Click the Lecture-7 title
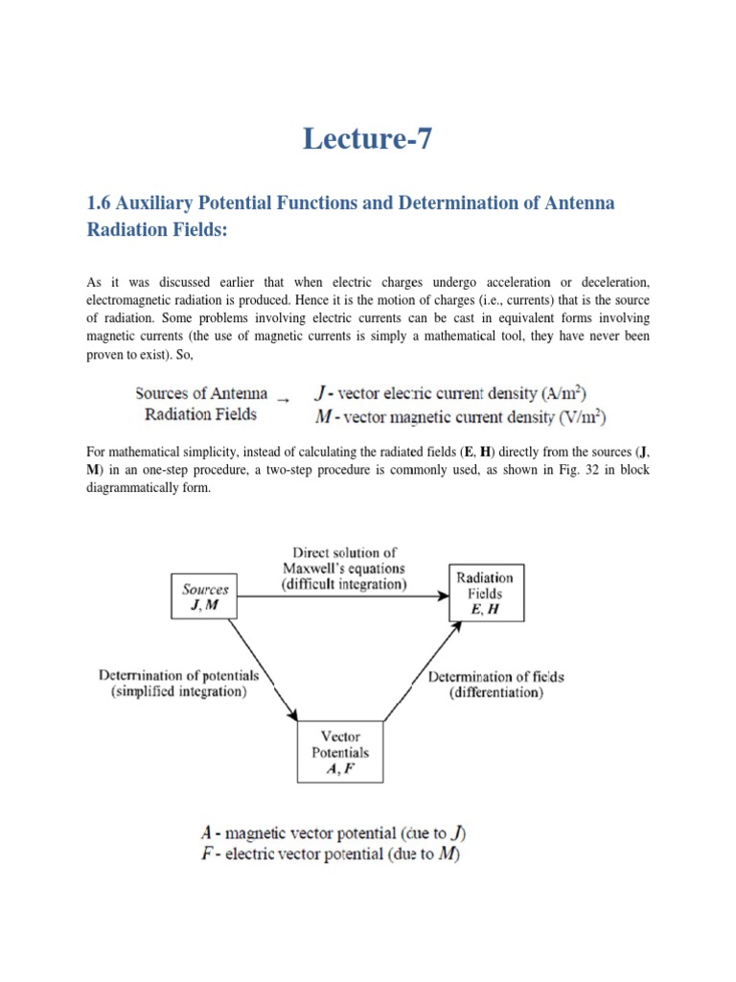(368, 140)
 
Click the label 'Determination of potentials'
(179, 676)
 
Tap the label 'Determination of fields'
(495, 676)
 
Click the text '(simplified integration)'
(179, 692)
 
